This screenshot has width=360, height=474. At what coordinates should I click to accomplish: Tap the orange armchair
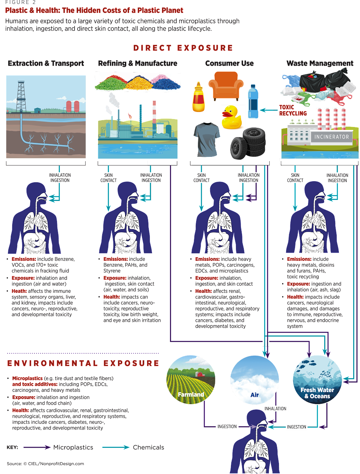pos(226,86)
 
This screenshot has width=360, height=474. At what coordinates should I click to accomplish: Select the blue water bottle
pos(253,102)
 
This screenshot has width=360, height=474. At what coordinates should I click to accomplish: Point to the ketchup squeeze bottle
pos(198,98)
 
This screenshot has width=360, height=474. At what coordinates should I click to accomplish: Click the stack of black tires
pos(248,143)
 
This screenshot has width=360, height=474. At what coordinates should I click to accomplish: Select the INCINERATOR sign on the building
pos(331,137)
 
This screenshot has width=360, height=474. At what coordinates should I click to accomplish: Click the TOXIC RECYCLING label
pos(293,110)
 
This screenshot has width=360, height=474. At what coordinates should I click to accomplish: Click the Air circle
pos(255,380)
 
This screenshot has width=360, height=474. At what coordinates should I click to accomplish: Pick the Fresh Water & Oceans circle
pos(317,380)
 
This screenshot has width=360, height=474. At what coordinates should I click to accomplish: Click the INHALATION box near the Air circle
pos(275,408)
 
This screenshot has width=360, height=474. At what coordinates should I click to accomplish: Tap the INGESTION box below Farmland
pos(227,427)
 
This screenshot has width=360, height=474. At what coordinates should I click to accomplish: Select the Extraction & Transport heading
pos(46,64)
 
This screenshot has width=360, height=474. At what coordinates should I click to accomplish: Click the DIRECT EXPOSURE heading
pos(183,48)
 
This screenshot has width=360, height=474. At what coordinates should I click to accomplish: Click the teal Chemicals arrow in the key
pos(115,447)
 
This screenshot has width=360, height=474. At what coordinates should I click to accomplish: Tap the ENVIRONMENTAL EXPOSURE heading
pos(83,363)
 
